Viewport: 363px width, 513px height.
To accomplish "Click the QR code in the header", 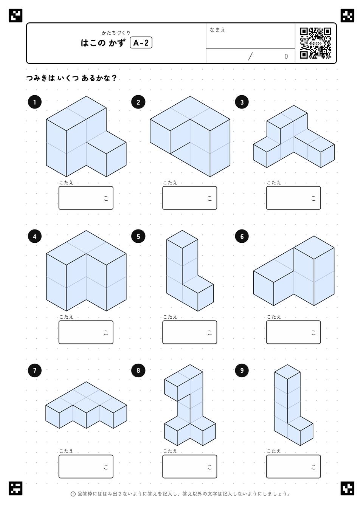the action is click(316, 43).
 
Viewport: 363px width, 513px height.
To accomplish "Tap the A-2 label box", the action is click(141, 43).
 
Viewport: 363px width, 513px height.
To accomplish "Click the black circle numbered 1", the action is click(34, 102).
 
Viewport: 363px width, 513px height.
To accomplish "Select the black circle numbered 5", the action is click(138, 236).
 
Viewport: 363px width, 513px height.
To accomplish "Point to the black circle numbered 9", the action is click(242, 370).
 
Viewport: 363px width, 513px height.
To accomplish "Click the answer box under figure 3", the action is click(293, 198).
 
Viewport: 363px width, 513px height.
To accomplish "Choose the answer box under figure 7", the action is click(86, 467).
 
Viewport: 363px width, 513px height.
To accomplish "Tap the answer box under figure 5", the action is click(190, 332).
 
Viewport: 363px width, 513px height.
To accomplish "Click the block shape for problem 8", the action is click(190, 405).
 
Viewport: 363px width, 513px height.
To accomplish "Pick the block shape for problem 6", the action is click(294, 271).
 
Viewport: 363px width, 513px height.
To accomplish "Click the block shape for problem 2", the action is click(190, 136).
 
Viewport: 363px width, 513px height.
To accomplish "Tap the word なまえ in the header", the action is click(217, 30).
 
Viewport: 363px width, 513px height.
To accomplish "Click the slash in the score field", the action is click(250, 56).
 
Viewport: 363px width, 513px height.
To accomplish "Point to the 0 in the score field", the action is click(286, 57).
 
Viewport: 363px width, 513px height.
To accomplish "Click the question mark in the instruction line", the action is click(114, 78).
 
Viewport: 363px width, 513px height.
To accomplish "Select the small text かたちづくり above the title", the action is click(116, 33).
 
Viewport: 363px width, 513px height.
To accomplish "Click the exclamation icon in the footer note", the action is click(73, 494).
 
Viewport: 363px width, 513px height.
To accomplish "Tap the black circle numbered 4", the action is click(34, 236).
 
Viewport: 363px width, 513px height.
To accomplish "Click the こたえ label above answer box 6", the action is click(274, 317).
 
